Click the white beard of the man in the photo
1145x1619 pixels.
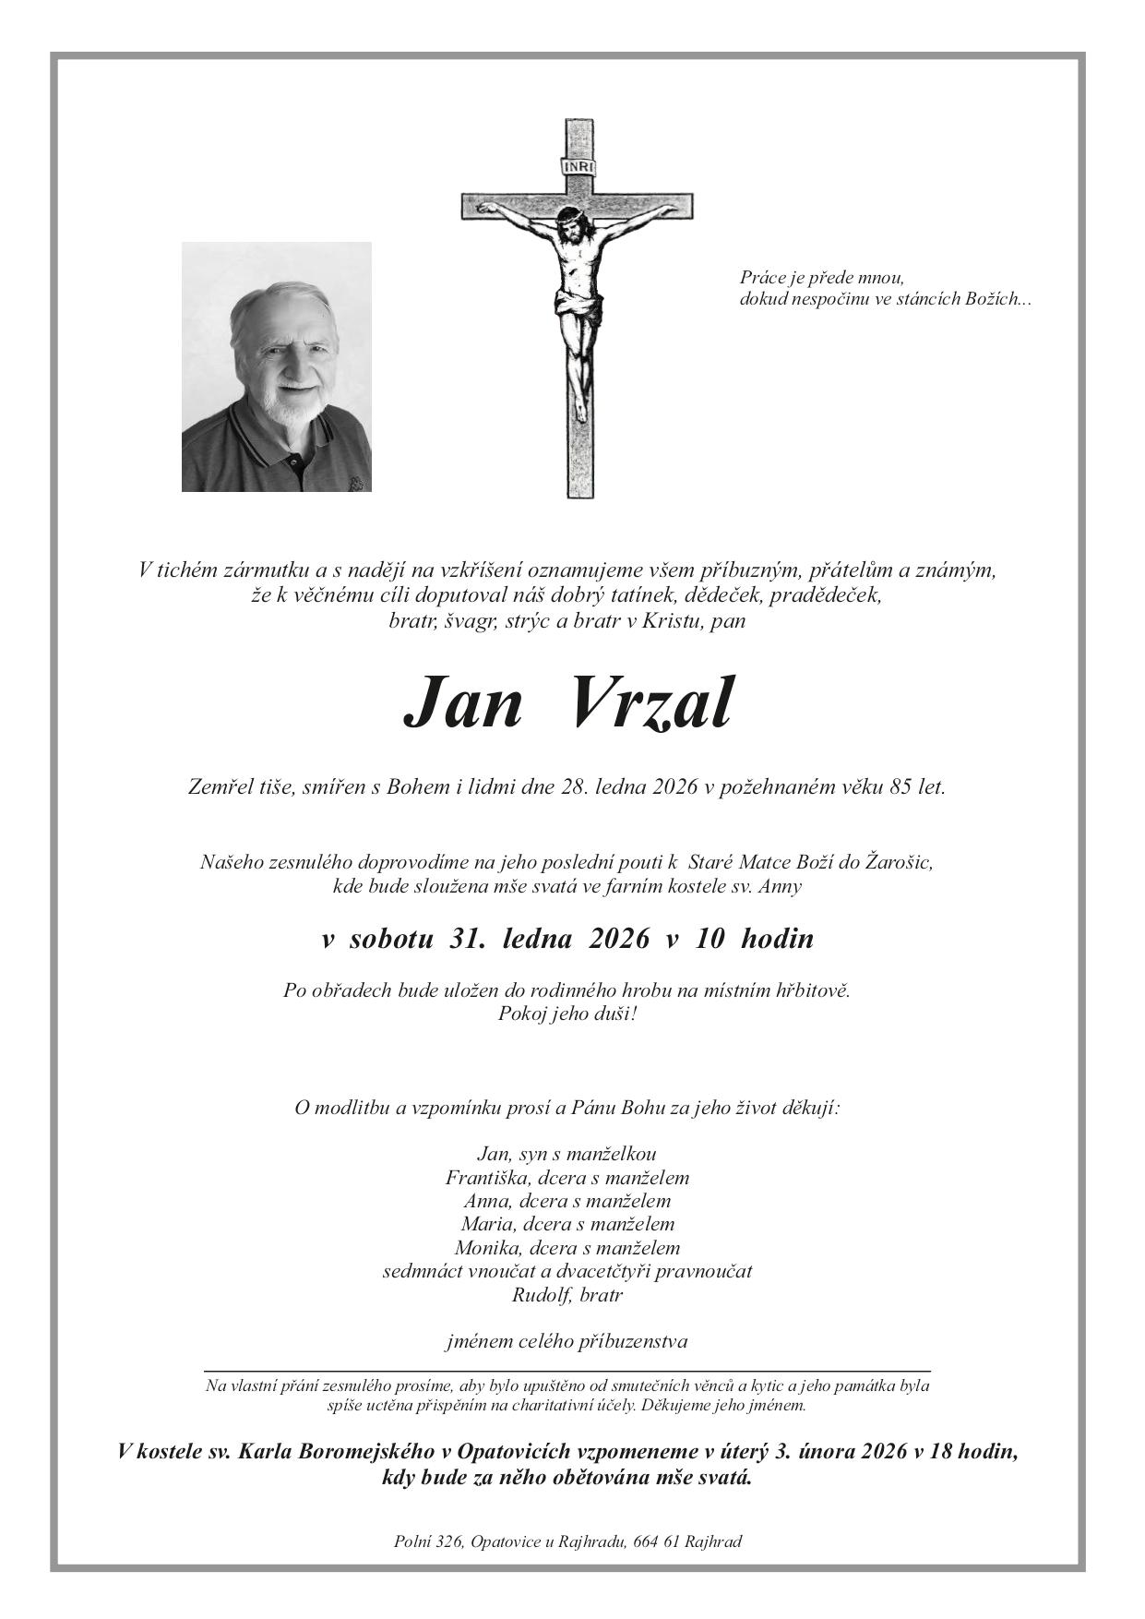click(283, 405)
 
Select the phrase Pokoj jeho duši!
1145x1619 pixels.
click(567, 1014)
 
